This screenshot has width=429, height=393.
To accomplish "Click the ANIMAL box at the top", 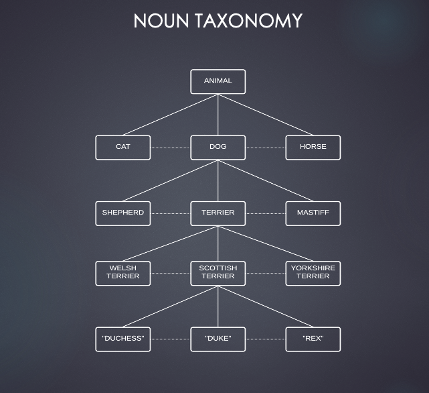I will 218,81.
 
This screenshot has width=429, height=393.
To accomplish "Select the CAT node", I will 122,147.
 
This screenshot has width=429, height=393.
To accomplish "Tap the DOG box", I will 218,147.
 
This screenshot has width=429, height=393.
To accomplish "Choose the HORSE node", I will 313,147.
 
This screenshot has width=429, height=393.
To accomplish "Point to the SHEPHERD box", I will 122,213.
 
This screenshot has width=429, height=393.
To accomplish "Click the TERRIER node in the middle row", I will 218,213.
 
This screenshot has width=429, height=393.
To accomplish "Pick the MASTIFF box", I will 313,213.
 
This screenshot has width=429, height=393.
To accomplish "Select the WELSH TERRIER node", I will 122,272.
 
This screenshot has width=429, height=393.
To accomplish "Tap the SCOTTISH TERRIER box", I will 218,272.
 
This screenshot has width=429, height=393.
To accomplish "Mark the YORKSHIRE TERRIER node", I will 313,272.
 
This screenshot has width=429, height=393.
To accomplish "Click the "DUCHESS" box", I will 122,339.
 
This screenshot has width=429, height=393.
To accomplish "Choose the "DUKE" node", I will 218,339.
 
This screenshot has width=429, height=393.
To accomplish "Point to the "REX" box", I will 313,339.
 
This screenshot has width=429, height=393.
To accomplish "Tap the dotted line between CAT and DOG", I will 171,148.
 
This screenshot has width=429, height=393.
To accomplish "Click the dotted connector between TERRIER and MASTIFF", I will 266,213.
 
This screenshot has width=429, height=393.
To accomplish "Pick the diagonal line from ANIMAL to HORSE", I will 266,115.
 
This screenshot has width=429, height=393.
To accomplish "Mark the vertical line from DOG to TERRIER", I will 218,180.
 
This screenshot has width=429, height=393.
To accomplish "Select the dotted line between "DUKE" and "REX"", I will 266,339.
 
